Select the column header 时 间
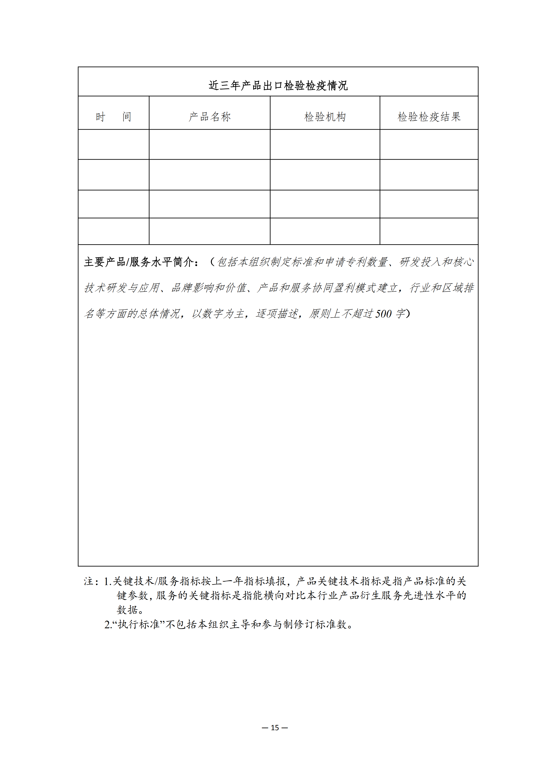click(x=113, y=117)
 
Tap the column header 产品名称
click(x=210, y=117)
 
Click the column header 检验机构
click(x=325, y=117)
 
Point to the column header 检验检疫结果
click(x=429, y=117)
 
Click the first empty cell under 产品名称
click(x=210, y=144)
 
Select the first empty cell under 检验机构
click(x=325, y=144)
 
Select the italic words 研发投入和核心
click(x=436, y=262)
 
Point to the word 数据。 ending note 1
click(x=130, y=610)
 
